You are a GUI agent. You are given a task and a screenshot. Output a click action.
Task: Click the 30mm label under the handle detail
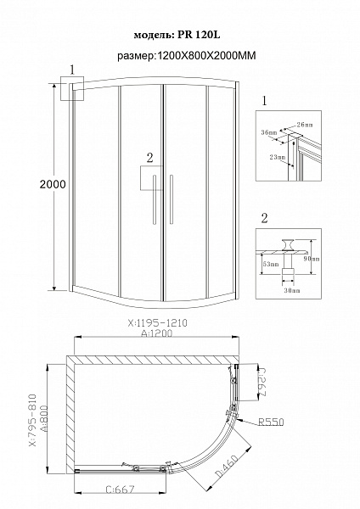tap(291, 290)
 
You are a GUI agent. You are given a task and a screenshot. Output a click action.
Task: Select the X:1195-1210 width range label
tap(155, 322)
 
